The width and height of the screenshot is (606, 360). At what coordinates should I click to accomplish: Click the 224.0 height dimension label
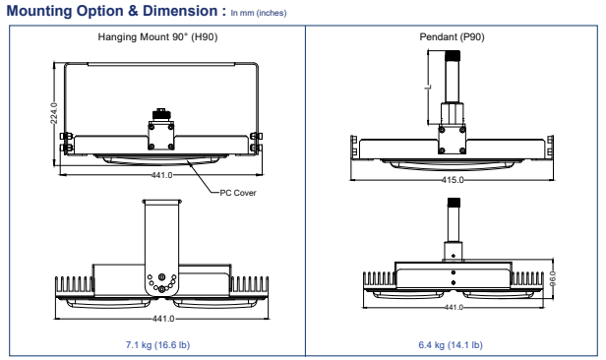54,113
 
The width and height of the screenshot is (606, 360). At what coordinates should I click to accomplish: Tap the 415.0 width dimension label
453,180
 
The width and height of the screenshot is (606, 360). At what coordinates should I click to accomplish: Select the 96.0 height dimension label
553,278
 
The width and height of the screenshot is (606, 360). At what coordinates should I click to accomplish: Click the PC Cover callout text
238,193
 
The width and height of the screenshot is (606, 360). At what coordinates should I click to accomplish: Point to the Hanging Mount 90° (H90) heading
157,37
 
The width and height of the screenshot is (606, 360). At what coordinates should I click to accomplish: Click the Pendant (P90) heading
452,37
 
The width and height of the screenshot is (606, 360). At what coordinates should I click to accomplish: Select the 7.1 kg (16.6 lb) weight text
157,344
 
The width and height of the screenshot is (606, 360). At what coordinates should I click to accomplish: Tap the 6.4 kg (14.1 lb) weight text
451,344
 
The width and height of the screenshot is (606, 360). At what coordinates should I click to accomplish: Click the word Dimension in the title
180,11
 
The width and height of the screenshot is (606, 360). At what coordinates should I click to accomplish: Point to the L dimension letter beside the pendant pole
428,88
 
